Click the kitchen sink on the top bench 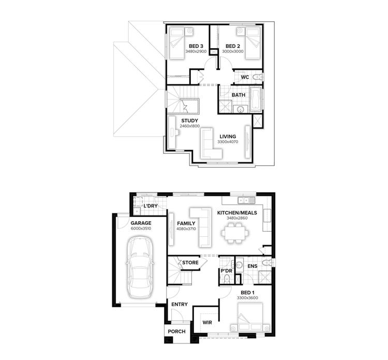[245, 200]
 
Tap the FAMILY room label [186, 223]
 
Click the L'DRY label [150, 206]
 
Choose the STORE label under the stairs [190, 263]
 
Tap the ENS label [252, 266]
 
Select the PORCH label [176, 332]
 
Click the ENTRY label [179, 305]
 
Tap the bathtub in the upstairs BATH [256, 99]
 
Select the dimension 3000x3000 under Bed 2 [233, 52]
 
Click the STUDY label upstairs [175, 120]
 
